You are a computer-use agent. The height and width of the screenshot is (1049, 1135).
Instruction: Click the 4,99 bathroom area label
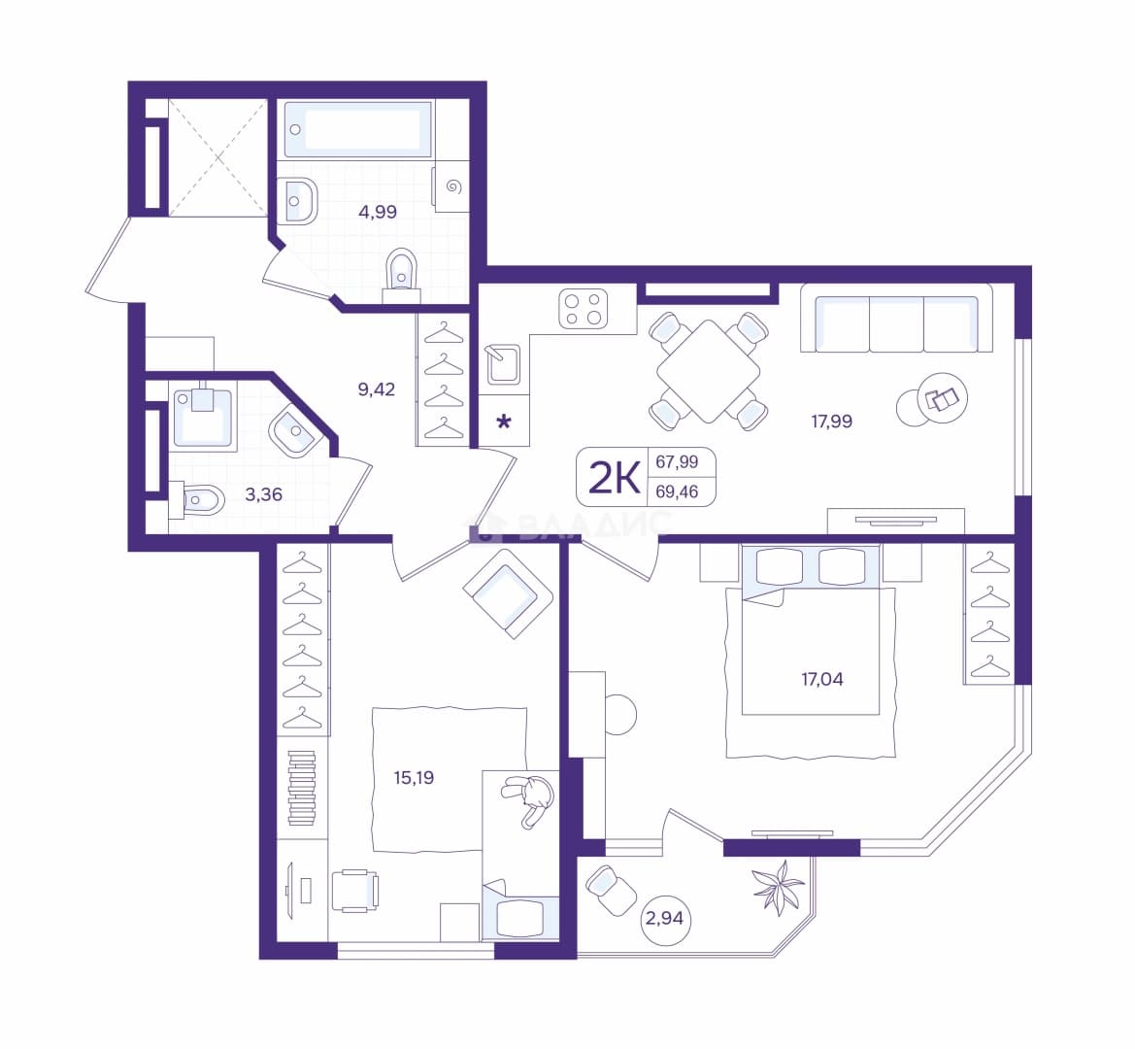pyautogui.click(x=377, y=212)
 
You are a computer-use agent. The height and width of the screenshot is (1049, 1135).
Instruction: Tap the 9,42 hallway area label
pyautogui.click(x=377, y=389)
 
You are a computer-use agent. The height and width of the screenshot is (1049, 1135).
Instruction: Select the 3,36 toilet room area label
pyautogui.click(x=263, y=494)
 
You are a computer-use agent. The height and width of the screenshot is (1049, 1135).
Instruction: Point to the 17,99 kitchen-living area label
pyautogui.click(x=831, y=421)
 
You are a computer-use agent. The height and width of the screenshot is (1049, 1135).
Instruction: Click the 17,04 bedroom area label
pyautogui.click(x=821, y=679)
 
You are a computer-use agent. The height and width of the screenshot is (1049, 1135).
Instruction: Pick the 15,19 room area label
pyautogui.click(x=414, y=777)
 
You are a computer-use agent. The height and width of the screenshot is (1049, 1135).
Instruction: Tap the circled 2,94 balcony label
pyautogui.click(x=664, y=919)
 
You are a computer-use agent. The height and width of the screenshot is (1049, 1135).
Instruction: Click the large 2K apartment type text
pyautogui.click(x=616, y=477)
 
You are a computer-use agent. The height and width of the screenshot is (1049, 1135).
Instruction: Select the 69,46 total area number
pyautogui.click(x=677, y=492)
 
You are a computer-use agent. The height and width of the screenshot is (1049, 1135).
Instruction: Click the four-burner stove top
pyautogui.click(x=583, y=309)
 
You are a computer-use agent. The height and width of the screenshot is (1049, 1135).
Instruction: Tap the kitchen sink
pyautogui.click(x=502, y=364)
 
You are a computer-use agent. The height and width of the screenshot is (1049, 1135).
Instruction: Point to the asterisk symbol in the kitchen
pyautogui.click(x=504, y=422)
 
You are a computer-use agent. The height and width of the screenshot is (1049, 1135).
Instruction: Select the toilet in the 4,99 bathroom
pyautogui.click(x=402, y=276)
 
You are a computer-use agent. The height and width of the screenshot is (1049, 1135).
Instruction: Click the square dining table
pyautogui.click(x=709, y=371)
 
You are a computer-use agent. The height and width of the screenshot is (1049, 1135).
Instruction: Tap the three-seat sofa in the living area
pyautogui.click(x=896, y=318)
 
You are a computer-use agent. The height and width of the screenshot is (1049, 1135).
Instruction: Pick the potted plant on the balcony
pyautogui.click(x=778, y=886)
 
